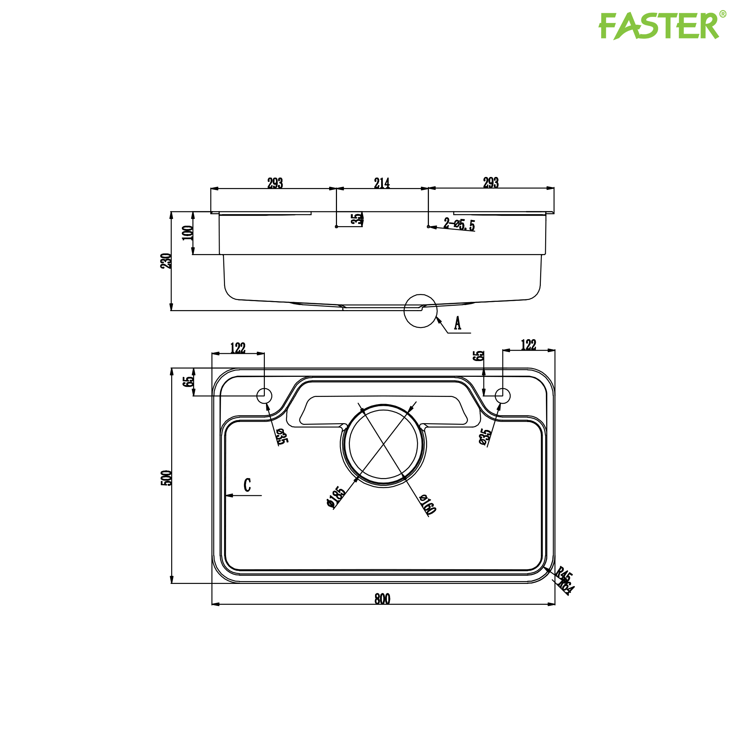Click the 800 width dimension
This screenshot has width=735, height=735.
point(382,599)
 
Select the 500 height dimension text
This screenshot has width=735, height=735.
point(167,478)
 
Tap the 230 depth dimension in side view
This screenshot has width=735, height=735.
point(166,261)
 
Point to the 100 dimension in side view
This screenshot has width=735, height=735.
point(188,233)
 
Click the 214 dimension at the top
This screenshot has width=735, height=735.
point(382,183)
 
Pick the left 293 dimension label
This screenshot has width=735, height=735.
point(275,183)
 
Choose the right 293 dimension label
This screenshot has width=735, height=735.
point(491,183)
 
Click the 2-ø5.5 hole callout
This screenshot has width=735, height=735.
point(459,224)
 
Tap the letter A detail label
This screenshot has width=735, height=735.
point(458,323)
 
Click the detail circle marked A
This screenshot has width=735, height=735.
point(420,311)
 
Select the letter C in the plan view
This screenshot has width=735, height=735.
point(247,486)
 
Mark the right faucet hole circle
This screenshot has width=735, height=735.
point(502,395)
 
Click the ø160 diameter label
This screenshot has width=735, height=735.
point(427,505)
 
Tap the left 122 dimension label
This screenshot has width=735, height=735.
point(238,348)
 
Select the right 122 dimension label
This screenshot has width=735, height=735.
point(528,345)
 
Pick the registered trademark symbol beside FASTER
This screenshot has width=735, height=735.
point(723,14)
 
